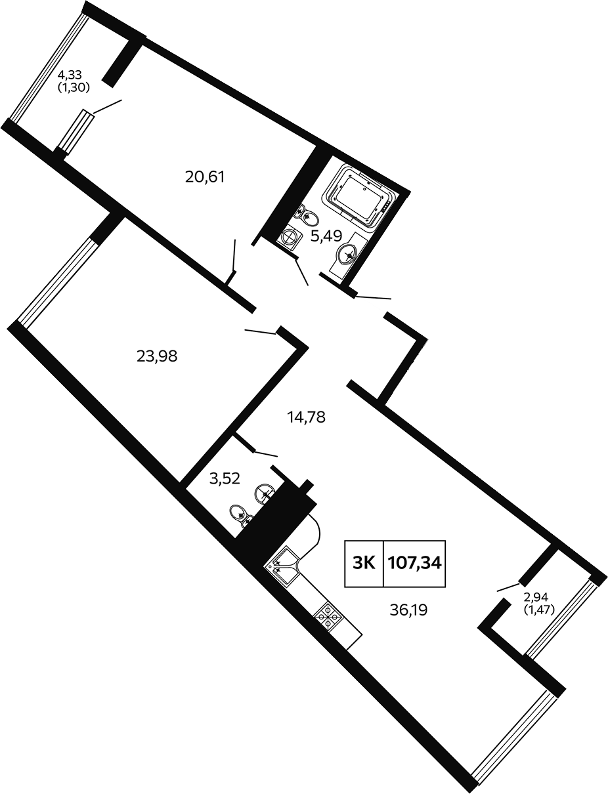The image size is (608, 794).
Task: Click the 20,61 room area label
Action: (x=205, y=177)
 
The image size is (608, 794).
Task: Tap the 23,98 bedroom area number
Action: (x=157, y=356)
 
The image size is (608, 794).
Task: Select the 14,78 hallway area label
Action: (x=306, y=417)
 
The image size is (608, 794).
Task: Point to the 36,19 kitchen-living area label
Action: (x=408, y=610)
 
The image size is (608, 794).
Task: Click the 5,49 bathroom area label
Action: (x=326, y=236)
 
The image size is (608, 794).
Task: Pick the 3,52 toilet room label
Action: (x=225, y=479)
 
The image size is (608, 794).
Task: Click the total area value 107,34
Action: (x=414, y=563)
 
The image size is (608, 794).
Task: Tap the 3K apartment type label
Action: (x=364, y=563)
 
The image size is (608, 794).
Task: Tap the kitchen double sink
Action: (x=284, y=567)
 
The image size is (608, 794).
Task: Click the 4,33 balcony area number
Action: (x=70, y=75)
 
